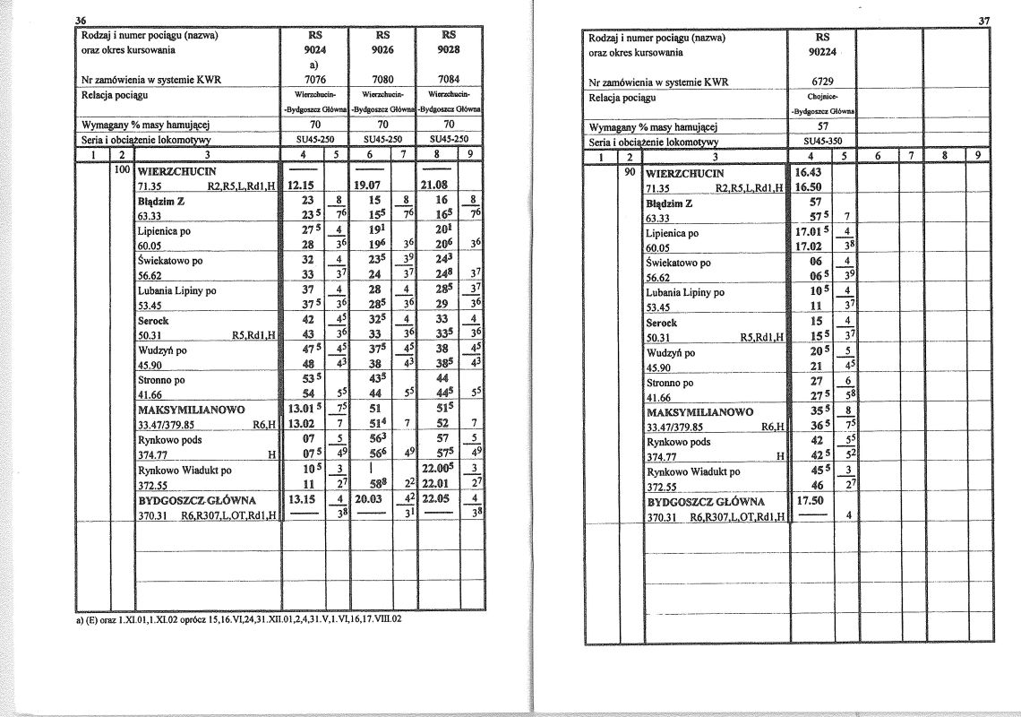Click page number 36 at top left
coord(79,22)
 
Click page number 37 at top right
coord(986,22)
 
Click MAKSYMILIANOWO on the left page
coord(192,410)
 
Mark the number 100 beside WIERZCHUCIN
coord(123,169)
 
